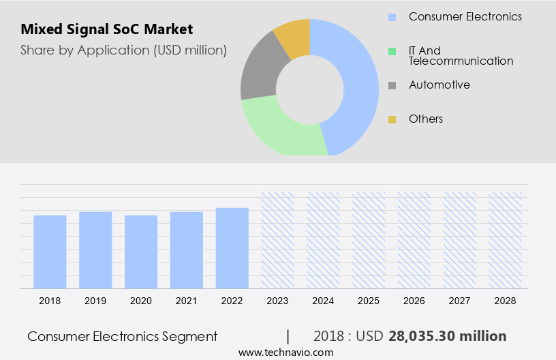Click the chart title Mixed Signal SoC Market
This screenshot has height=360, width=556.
tap(107, 29)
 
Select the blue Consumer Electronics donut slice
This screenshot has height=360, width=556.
tap(358, 82)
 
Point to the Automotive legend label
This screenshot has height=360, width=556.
tap(439, 85)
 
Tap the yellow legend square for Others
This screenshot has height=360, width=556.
tap(392, 120)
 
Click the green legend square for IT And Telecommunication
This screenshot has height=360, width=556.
tap(392, 51)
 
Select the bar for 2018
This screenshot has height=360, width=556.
tap(50, 252)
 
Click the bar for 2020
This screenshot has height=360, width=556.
tap(141, 252)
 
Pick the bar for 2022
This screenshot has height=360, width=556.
tap(232, 248)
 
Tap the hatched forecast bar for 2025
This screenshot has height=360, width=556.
tap(369, 240)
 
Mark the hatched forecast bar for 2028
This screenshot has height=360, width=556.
tap(506, 240)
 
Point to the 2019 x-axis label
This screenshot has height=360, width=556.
tap(95, 301)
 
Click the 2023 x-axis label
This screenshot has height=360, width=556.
tap(277, 301)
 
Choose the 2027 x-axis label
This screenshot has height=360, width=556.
tap(460, 301)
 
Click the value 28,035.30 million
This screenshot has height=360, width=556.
tap(448, 336)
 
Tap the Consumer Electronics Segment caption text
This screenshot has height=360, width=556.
tap(123, 336)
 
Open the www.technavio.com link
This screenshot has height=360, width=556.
tap(286, 352)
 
